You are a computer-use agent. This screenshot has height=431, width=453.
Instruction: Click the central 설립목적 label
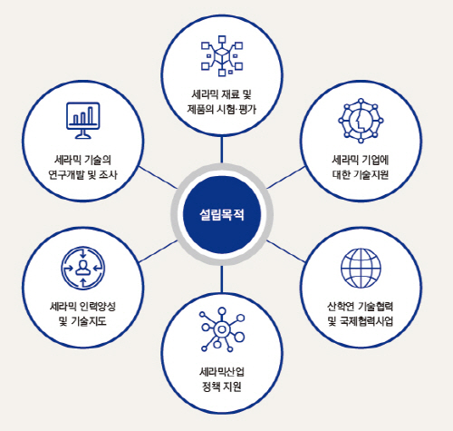click(x=222, y=215)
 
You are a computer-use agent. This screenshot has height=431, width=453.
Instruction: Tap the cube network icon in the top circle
click(x=222, y=55)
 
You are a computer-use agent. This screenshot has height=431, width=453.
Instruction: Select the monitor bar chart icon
click(x=82, y=121)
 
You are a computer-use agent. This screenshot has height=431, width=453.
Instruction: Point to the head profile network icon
click(x=361, y=121)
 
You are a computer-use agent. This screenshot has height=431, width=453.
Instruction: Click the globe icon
click(x=361, y=269)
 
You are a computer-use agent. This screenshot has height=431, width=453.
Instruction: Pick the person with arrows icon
click(x=83, y=269)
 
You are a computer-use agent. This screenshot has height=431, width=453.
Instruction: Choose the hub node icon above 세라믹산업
click(x=222, y=329)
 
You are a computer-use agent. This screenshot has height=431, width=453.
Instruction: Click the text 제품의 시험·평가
click(x=222, y=109)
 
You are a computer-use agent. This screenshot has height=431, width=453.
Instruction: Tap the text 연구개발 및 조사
click(x=82, y=174)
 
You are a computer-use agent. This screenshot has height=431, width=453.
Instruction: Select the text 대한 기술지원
click(x=361, y=174)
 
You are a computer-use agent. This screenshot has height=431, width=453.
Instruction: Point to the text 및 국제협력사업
click(x=361, y=321)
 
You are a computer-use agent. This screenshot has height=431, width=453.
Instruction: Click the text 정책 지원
click(x=222, y=387)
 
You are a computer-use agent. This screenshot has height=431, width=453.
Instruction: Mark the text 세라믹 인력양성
click(x=82, y=307)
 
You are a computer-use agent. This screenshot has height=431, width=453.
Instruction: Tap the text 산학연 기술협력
click(x=361, y=307)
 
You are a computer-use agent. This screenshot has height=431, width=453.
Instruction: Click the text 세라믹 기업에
click(x=361, y=160)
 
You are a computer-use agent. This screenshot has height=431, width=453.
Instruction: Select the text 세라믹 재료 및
click(x=222, y=94)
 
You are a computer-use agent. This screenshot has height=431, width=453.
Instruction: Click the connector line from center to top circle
click(x=222, y=150)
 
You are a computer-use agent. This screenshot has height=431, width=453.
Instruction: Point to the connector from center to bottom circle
click(x=222, y=279)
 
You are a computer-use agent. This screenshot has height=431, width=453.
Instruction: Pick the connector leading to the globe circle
click(x=285, y=251)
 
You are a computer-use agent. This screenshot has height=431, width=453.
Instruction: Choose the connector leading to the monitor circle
click(x=158, y=177)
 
